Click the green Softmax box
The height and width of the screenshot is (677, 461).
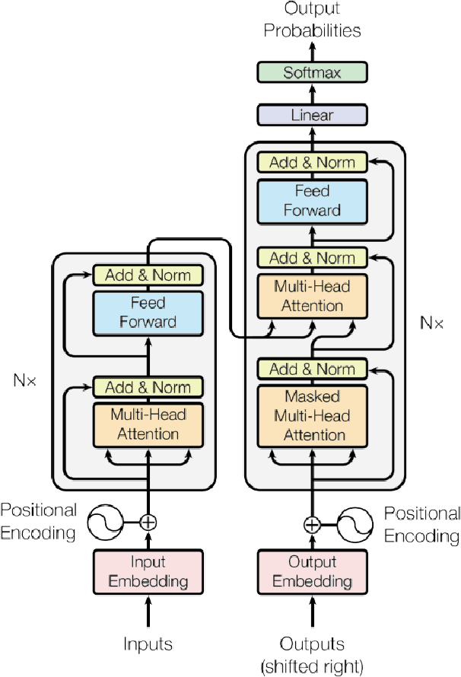pos(312,73)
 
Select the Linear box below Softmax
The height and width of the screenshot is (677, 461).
pos(312,115)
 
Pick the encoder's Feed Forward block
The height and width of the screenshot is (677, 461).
pos(148,312)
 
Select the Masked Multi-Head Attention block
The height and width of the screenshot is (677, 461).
pos(312,416)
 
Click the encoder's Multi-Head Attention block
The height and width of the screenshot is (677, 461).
pos(148,424)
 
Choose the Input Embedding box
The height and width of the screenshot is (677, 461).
pos(148,571)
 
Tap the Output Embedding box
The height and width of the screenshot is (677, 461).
pos(312,571)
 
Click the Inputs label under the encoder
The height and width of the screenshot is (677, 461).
pos(148,644)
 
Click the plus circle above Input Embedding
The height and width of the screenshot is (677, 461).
pos(148,522)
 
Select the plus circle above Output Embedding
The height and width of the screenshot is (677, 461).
pos(312,524)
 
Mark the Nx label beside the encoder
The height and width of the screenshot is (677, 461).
pos(25,377)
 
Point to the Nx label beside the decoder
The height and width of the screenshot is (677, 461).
pos(431,323)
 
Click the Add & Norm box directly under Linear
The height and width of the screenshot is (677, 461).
pos(312,162)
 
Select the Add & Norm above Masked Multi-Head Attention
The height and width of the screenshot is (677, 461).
pos(312,370)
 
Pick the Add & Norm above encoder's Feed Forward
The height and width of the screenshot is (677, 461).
pos(148,275)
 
